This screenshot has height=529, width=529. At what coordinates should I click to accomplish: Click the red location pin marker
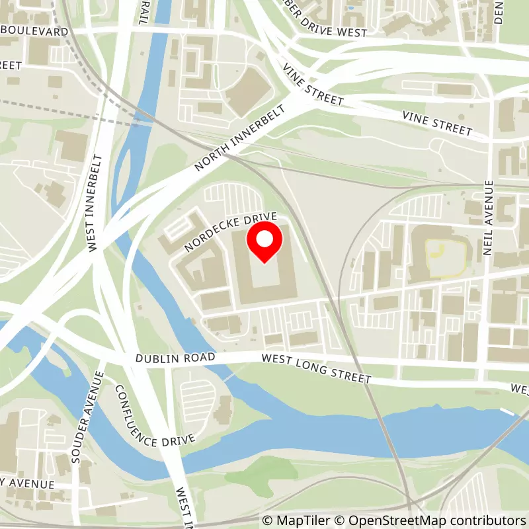click(x=264, y=242)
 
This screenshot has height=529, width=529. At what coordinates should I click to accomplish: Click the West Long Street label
click(x=316, y=368)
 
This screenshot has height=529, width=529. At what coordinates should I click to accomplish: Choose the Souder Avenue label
click(x=85, y=417)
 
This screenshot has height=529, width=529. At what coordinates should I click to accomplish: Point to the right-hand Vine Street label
click(x=438, y=122)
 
